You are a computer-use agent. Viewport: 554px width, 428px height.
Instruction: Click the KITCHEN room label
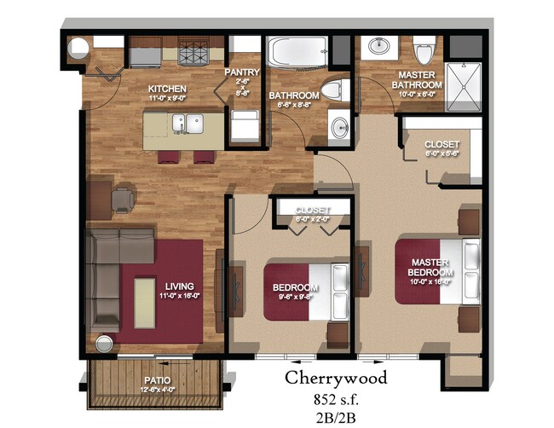pyautogui.click(x=167, y=90)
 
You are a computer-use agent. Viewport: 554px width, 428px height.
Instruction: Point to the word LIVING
pyautogui.click(x=180, y=286)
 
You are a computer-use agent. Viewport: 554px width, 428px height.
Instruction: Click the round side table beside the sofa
pyautogui.click(x=105, y=344)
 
